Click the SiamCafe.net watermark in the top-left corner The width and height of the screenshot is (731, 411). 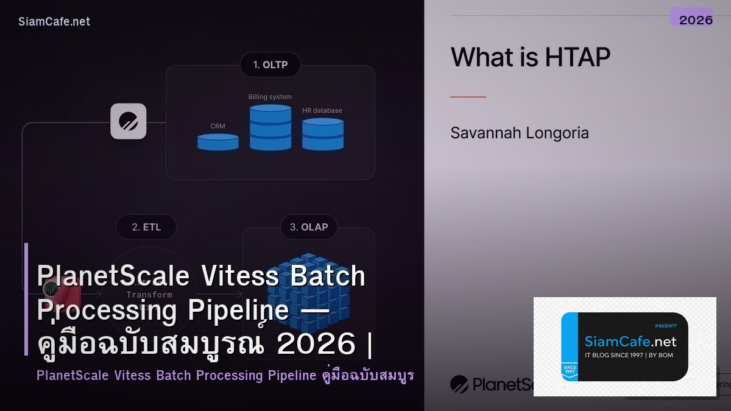pos(54,22)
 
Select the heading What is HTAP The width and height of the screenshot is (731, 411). pos(530,58)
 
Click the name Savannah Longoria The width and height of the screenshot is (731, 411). pos(519,133)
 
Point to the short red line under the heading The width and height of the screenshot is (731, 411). pos(468,97)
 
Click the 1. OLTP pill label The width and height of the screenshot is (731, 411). pos(270,65)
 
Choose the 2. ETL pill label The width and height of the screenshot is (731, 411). pos(146,227)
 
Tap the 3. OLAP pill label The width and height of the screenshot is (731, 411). pos(308,227)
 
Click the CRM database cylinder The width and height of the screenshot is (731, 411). pos(218,142)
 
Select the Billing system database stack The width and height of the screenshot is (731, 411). pos(270,127)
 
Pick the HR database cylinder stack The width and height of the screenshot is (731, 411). pos(323,134)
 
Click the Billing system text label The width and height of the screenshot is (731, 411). pos(270,97)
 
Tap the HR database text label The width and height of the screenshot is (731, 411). pos(322,111)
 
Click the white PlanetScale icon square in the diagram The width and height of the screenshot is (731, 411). pos(128,121)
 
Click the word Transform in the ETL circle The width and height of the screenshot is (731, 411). pos(149,295)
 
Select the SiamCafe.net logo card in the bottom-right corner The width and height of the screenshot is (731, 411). pos(624,346)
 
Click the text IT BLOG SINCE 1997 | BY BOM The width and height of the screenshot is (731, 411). pos(629,355)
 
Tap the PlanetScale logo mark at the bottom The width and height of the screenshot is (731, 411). pos(459,384)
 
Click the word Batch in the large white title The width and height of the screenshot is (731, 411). pos(327,276)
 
